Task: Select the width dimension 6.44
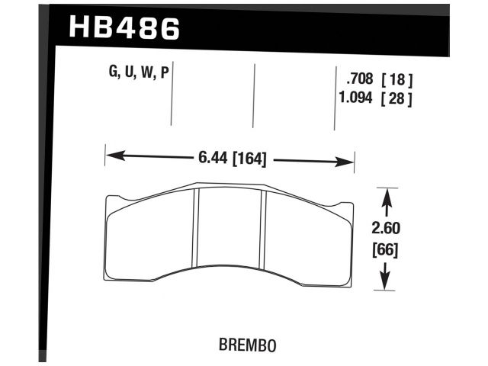click(x=212, y=160)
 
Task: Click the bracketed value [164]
click(x=249, y=160)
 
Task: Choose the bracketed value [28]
click(x=397, y=98)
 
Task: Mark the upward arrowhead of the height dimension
click(x=387, y=197)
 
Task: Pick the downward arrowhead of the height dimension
click(x=387, y=281)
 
